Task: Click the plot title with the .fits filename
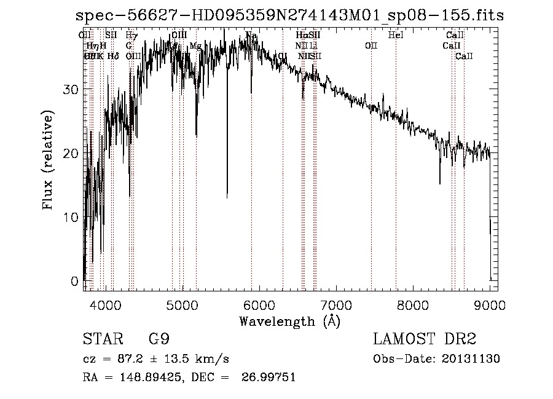click(289, 15)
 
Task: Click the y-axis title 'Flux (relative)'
click(49, 161)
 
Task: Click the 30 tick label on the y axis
click(70, 89)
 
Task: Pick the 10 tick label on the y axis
click(70, 217)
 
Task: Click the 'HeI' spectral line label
click(396, 36)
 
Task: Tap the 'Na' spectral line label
click(251, 36)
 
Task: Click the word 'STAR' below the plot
click(100, 339)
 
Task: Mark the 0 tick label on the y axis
click(74, 281)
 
